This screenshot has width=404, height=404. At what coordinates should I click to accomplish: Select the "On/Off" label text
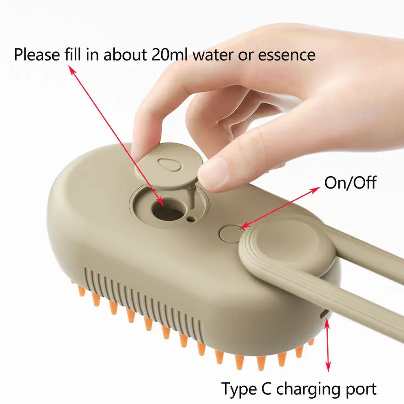(x=350, y=182)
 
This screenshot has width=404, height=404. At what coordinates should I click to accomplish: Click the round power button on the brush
(x=229, y=233)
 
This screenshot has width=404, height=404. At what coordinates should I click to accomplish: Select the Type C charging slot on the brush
(x=324, y=314)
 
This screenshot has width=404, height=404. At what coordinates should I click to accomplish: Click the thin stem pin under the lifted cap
(x=190, y=195)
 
